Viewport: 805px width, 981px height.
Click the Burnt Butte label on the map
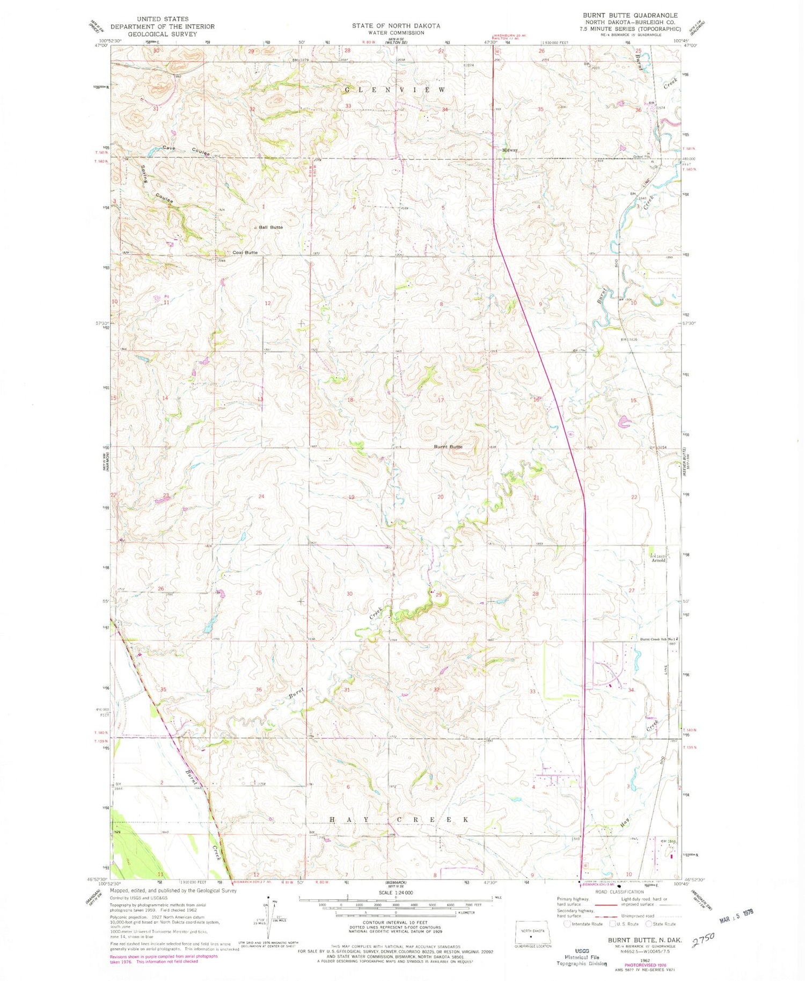point(448,446)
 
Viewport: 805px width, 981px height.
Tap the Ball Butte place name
point(270,227)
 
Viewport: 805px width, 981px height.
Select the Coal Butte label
point(245,253)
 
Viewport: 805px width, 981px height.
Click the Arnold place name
point(658,560)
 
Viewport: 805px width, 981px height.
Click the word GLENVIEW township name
point(395,90)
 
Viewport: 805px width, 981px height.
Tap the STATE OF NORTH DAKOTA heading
point(396,26)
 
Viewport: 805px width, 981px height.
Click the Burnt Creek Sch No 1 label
point(660,639)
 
